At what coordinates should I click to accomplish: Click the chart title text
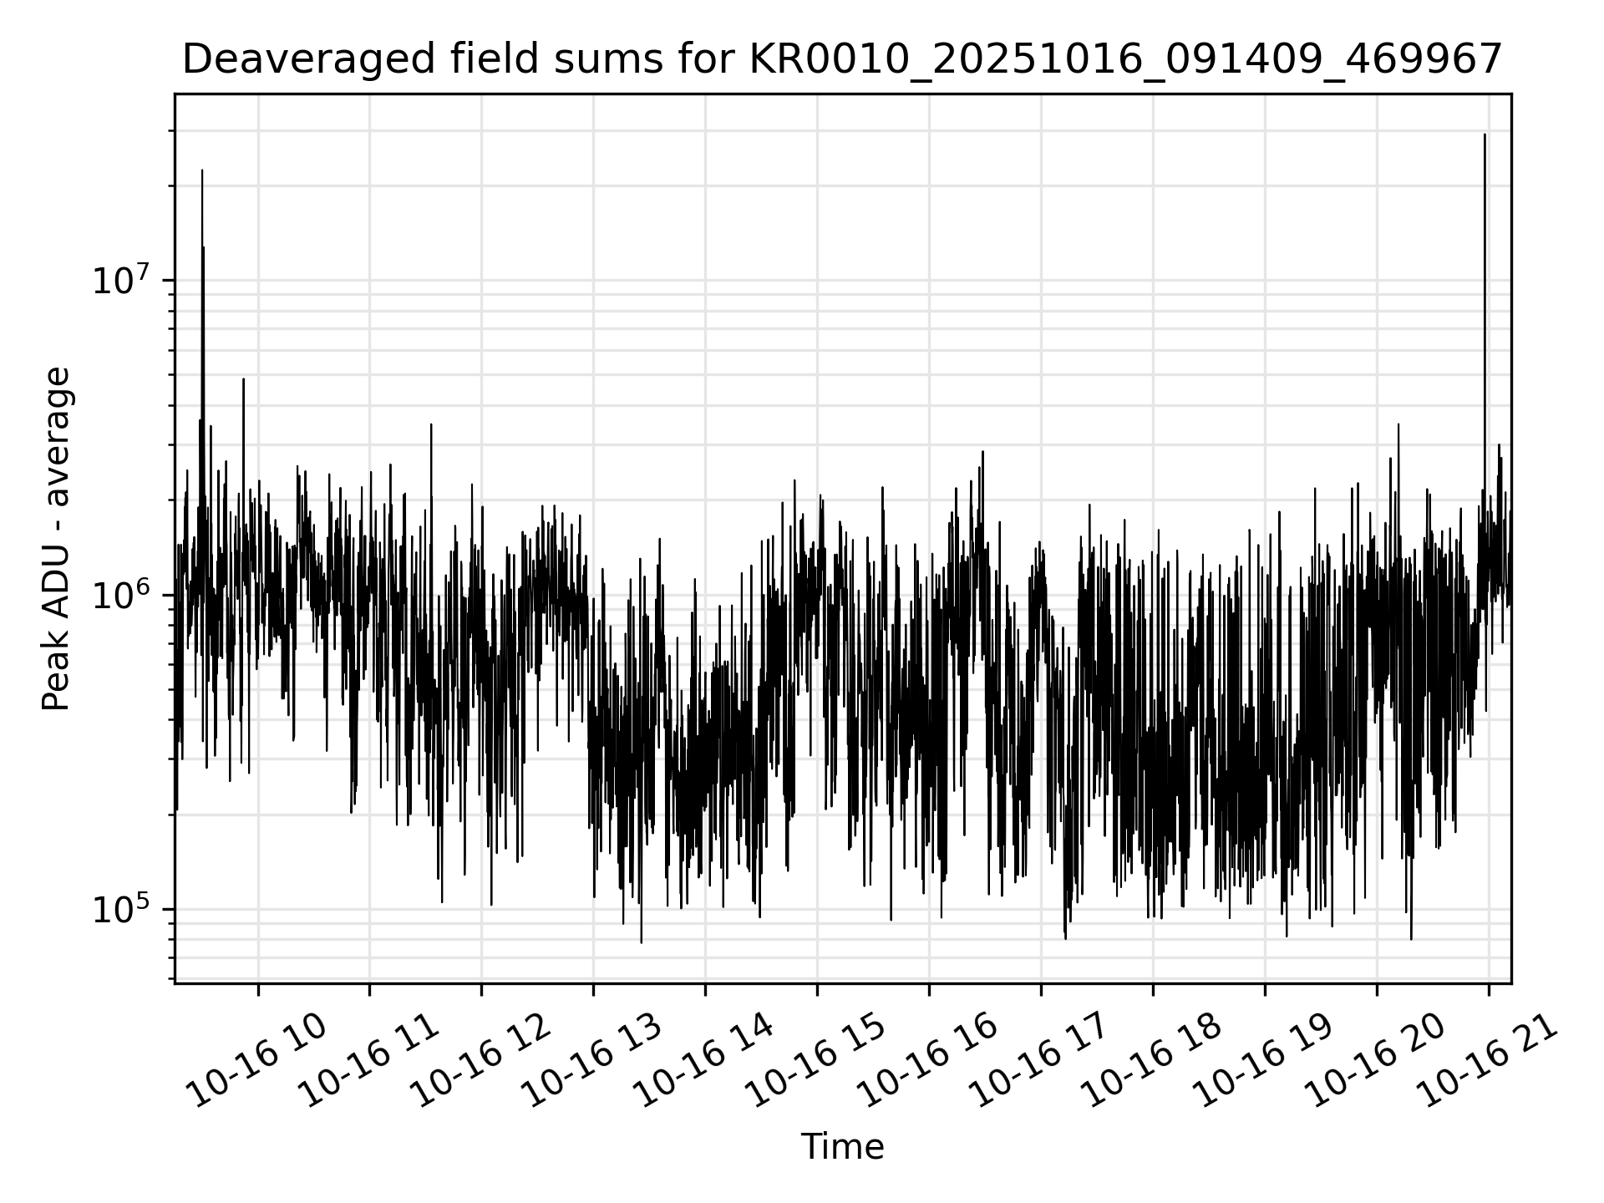click(x=842, y=60)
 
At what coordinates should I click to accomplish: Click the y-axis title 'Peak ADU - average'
click(x=56, y=539)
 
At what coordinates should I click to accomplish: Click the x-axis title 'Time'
click(x=842, y=1147)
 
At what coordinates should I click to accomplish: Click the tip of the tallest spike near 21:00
click(x=1485, y=135)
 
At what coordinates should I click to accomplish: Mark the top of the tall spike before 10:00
click(x=202, y=170)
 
